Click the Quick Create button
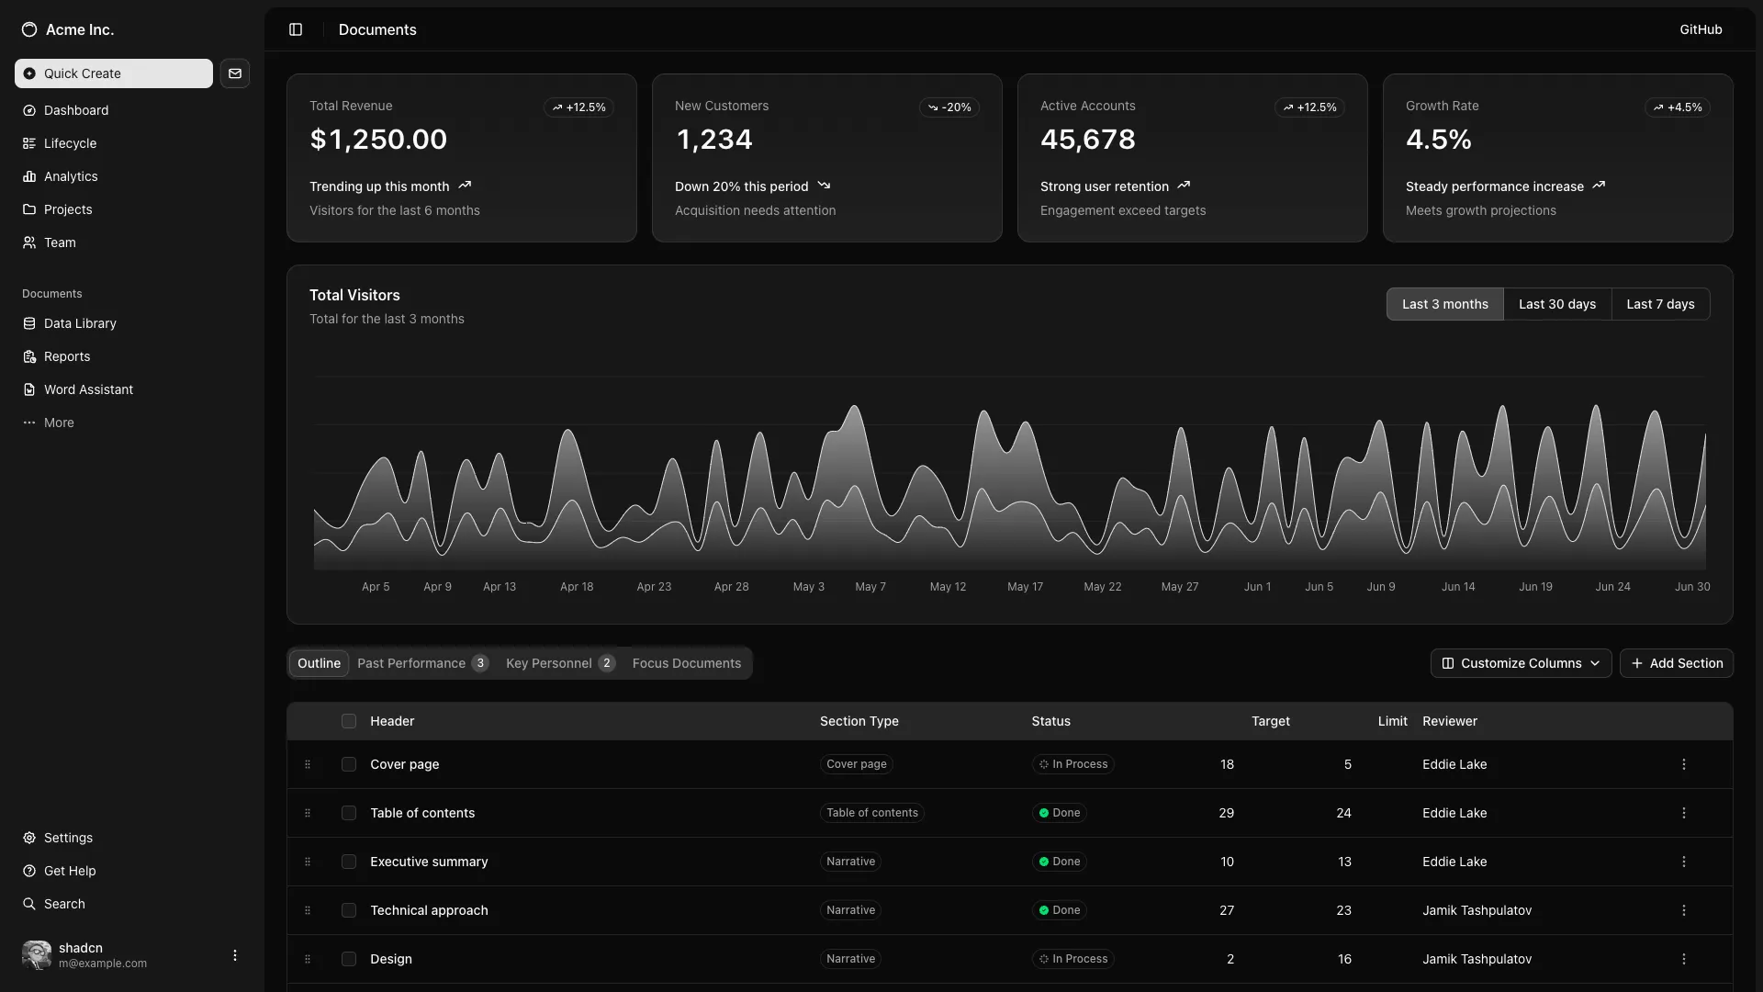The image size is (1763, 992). coord(113,73)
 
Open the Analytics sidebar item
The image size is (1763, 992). coord(71,176)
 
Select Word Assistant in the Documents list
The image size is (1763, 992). coord(88,389)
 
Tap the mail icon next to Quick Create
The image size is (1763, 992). coord(235,73)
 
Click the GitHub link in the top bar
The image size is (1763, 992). coord(1701,29)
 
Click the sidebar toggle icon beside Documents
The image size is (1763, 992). coord(296,29)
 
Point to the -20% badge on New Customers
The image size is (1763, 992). coord(949,107)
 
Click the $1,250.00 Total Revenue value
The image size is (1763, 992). coord(378,140)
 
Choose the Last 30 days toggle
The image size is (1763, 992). coord(1556,304)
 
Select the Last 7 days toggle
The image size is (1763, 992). coord(1660,304)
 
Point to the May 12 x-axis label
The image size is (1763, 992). coord(948,587)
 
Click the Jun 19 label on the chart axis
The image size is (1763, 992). coord(1535,587)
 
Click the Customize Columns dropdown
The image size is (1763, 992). coord(1521,663)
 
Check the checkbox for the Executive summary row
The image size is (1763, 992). coord(349,862)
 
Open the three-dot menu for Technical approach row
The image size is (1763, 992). coord(1683,910)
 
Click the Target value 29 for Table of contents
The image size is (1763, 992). coord(1226,813)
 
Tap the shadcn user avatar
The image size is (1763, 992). coord(37,955)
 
